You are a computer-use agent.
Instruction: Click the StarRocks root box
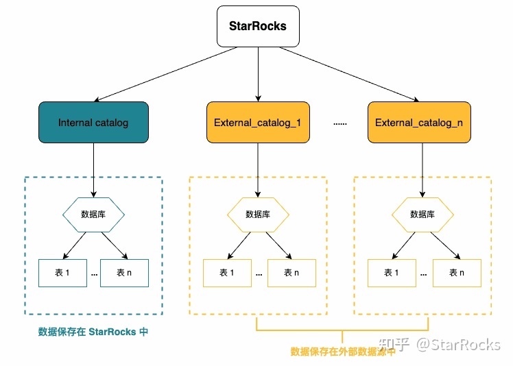click(x=258, y=27)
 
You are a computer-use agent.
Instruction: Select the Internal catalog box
click(x=93, y=123)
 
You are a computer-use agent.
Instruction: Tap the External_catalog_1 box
click(x=258, y=123)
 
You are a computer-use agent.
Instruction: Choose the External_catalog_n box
click(x=419, y=123)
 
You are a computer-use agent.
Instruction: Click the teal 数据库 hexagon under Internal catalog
click(x=93, y=214)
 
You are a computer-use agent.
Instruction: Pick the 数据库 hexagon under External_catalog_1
click(x=258, y=214)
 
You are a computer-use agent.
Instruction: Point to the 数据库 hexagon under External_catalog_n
click(x=422, y=214)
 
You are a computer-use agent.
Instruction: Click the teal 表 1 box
click(x=61, y=273)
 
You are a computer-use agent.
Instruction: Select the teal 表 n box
click(x=124, y=273)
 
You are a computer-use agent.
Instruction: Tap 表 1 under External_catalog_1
click(x=226, y=273)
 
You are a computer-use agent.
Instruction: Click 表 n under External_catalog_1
click(x=291, y=273)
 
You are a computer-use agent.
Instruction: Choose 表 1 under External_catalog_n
click(x=391, y=273)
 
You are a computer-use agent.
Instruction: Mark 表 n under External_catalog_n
click(x=456, y=273)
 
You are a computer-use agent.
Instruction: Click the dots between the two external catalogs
click(x=339, y=124)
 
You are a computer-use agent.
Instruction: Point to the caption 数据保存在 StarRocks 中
click(x=93, y=332)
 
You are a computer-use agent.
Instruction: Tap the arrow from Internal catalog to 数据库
click(x=93, y=170)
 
